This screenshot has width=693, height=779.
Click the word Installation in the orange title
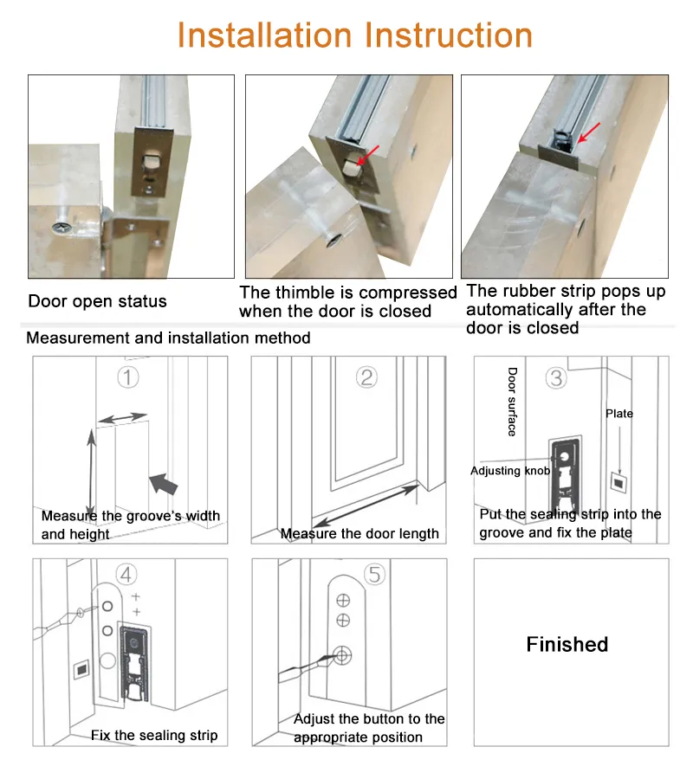pos(265,35)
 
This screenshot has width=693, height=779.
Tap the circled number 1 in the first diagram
pos(127,377)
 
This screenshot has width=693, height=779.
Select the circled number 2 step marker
pos(367,377)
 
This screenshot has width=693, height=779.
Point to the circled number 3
pos(556,378)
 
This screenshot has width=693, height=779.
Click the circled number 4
pos(126,575)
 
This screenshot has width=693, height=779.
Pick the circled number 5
pos(375,575)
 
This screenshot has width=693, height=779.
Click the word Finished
pos(567,644)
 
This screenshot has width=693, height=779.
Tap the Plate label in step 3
pos(619,414)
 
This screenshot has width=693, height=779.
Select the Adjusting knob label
pos(510,471)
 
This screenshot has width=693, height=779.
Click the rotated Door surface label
pos(513,402)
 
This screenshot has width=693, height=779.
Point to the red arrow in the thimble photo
pos(368,155)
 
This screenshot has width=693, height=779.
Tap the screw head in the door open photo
pos(62,228)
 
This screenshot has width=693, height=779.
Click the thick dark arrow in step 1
pos(164,484)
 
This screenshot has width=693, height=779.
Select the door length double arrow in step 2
pos(366,505)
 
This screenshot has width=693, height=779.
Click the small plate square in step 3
pos(619,482)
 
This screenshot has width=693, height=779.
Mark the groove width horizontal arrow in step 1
pos(123,418)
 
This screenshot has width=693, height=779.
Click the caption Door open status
pos(97,301)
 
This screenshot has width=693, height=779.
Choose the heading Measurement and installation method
pos(168,338)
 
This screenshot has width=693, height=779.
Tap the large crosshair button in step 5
pos(342,655)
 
